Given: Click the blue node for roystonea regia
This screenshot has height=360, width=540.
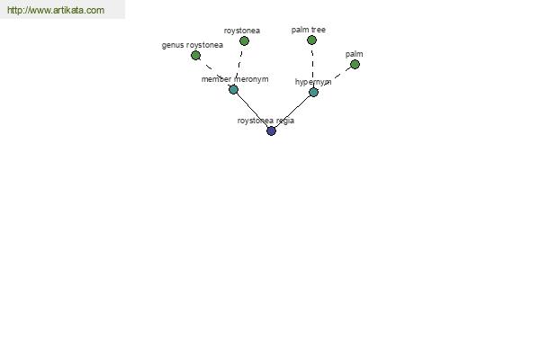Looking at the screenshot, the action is (272, 130).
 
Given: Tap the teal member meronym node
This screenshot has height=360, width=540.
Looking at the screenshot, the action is (233, 90).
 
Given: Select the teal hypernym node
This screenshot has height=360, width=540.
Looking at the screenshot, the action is (313, 93).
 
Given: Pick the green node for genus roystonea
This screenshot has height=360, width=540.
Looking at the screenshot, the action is (195, 55).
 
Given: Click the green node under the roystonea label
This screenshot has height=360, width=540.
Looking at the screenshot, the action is (244, 41).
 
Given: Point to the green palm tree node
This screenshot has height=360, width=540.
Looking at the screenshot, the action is (311, 40).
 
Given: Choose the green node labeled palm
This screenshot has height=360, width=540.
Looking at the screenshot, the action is (355, 65).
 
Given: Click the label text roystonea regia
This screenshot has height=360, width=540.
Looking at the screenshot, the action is (265, 121).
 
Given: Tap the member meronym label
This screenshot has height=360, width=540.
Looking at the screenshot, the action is (235, 79).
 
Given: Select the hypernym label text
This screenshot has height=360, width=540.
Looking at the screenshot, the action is (313, 82).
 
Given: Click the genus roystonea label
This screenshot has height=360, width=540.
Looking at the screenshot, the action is (193, 45).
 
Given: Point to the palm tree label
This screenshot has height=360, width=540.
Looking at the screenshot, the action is (308, 30).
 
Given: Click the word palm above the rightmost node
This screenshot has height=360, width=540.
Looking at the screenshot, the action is (354, 54).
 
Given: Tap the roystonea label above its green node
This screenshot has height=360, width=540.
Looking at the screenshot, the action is (242, 31).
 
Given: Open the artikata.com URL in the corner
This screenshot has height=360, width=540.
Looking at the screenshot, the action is (56, 10).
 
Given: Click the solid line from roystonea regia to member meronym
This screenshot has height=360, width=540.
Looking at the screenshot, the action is (252, 110).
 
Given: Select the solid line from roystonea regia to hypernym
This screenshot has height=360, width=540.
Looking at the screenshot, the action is (292, 112).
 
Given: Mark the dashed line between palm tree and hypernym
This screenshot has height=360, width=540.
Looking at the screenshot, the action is (312, 66).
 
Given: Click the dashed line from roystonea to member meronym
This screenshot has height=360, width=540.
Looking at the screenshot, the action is (239, 65).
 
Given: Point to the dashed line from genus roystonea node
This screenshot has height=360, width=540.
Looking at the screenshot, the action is (214, 72).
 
